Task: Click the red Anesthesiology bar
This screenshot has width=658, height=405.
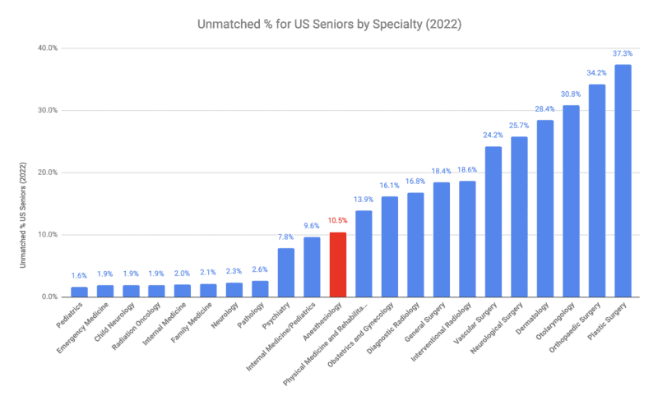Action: [x=337, y=265]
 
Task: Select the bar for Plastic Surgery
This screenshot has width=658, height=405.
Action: [x=623, y=181]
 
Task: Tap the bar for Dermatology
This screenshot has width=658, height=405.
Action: [x=544, y=209]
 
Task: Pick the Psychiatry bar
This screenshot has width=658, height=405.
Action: [x=285, y=272]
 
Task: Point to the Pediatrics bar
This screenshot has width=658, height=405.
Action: [x=79, y=292]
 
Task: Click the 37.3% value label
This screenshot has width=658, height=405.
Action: [x=623, y=53]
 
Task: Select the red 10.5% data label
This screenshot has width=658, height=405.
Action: [x=337, y=221]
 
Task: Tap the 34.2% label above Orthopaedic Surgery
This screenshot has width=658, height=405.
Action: [x=596, y=73]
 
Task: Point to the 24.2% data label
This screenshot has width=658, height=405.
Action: [x=493, y=135]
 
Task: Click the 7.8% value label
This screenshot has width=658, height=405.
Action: [x=285, y=237]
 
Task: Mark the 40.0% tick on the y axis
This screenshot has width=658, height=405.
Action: [x=47, y=48]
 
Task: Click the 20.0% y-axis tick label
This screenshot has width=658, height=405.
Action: [x=47, y=173]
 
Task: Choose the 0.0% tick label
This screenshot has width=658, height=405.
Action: [x=49, y=297]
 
